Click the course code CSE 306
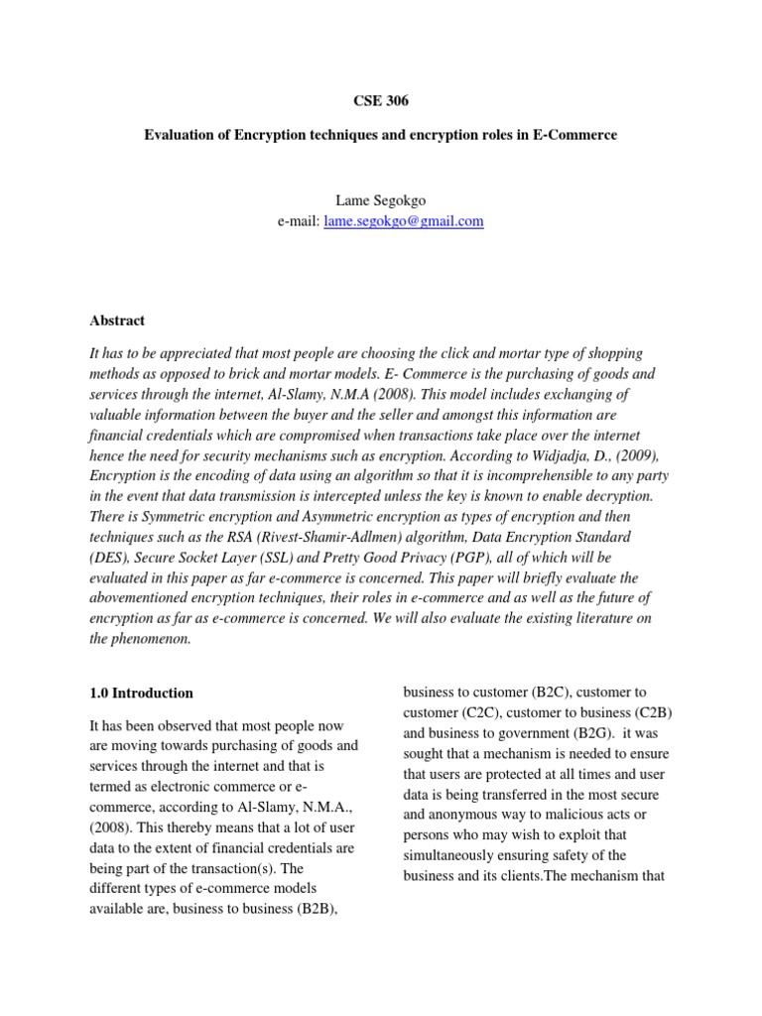[380, 100]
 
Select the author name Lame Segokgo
[380, 201]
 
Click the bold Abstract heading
[116, 320]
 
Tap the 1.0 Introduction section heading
[141, 694]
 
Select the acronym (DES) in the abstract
[109, 557]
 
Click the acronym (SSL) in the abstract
[275, 557]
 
